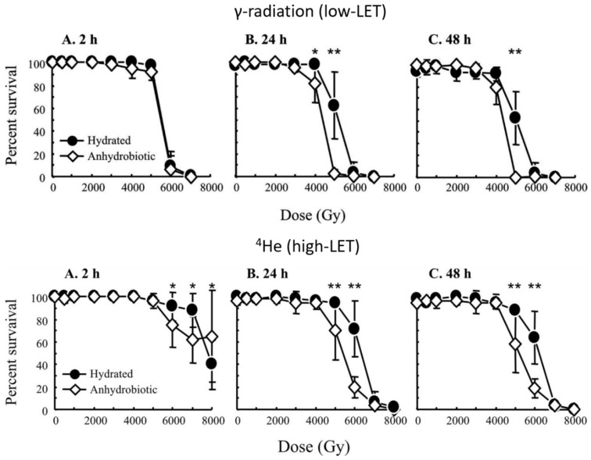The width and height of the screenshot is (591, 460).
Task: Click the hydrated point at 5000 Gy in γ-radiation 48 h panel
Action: (515, 117)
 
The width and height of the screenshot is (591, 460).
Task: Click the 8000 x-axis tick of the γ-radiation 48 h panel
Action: (575, 187)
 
